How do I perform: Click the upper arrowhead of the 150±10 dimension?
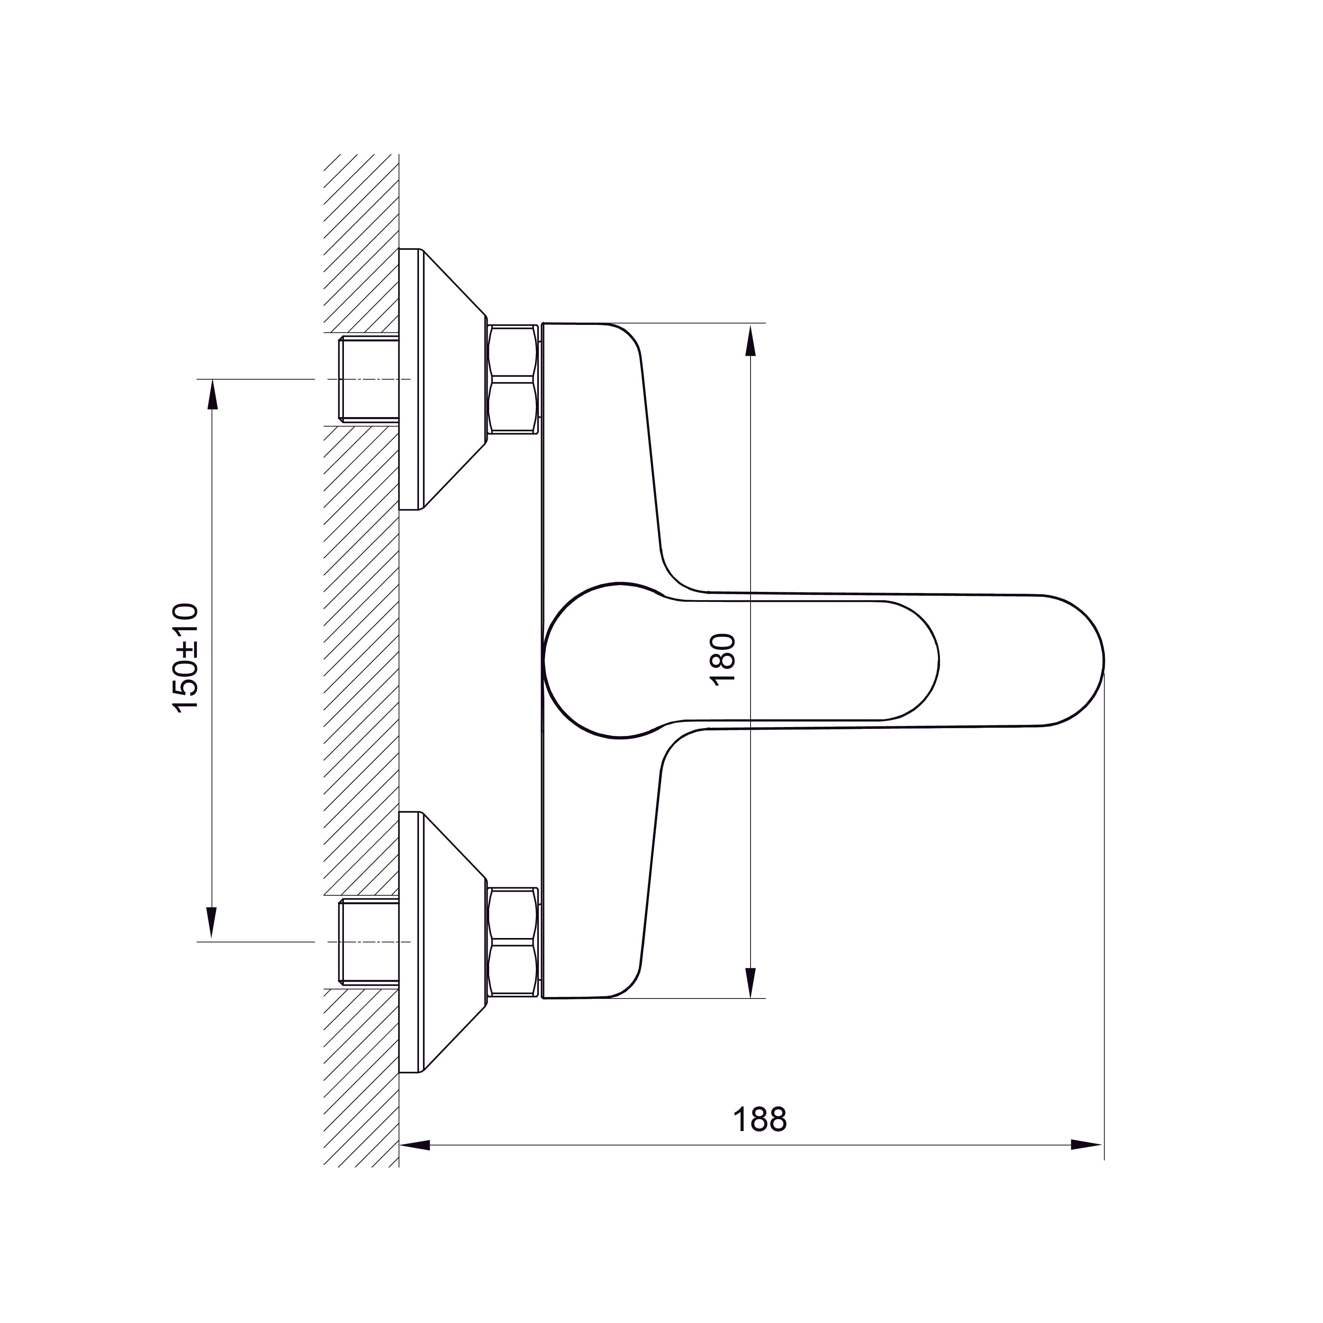(x=212, y=396)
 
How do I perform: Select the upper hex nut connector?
(x=512, y=379)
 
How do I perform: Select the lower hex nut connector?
(x=512, y=942)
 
